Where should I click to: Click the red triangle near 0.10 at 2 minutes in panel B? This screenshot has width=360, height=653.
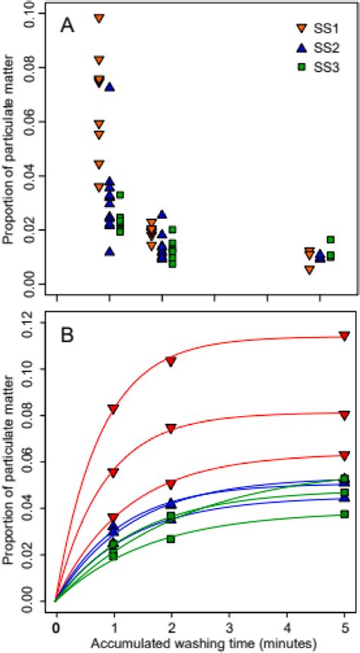coord(171,361)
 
